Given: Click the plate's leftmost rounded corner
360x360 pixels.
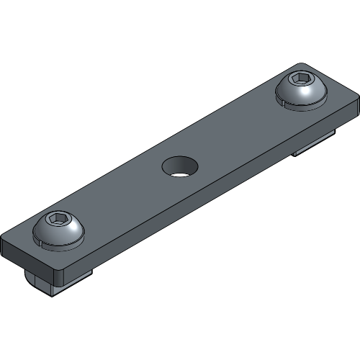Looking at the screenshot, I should pos(6,238).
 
